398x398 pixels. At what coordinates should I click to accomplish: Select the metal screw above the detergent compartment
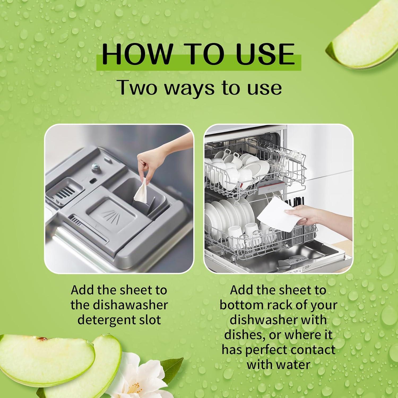94,167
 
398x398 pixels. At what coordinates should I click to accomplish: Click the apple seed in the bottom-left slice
42,339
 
